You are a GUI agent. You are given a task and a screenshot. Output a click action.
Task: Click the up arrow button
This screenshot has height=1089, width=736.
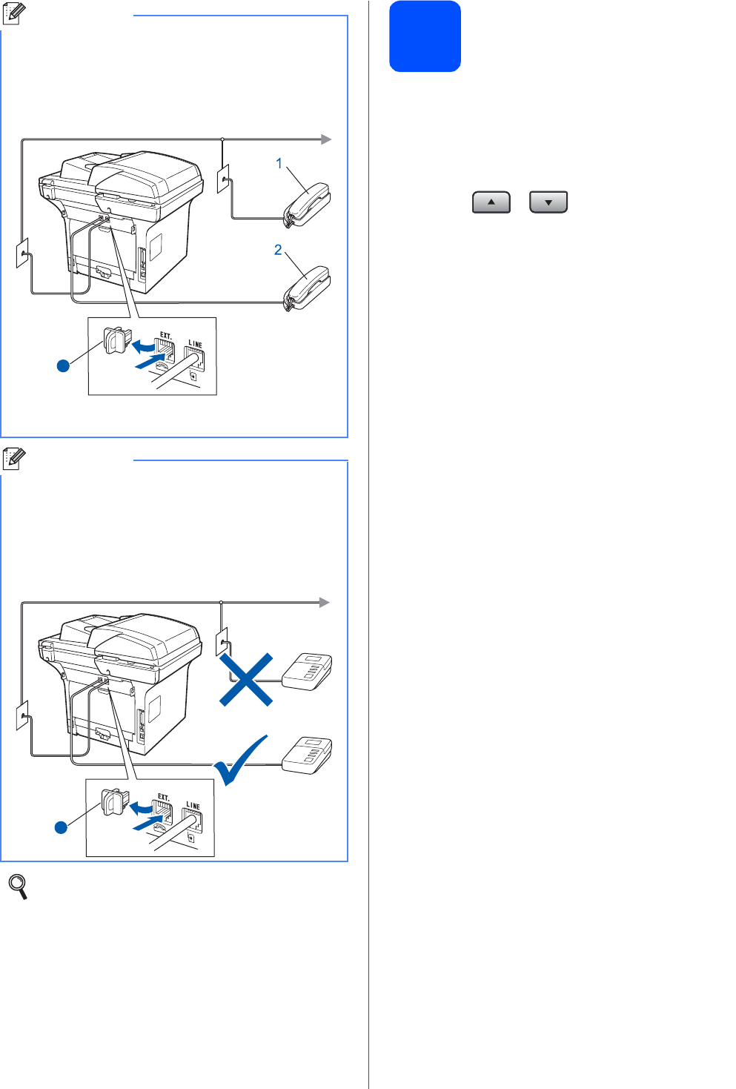tap(491, 202)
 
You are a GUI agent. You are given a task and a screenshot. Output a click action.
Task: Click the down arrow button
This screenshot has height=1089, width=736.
tap(548, 202)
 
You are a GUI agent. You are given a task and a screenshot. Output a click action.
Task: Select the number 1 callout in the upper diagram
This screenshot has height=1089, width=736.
tap(279, 163)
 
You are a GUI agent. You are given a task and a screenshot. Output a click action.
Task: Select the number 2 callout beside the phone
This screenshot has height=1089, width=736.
tap(278, 250)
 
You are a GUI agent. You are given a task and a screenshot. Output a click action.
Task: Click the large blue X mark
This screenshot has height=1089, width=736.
tap(246, 679)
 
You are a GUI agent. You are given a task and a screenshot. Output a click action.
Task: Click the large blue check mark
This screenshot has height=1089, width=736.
tap(241, 761)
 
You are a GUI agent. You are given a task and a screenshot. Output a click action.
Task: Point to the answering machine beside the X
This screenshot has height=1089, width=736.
tap(308, 672)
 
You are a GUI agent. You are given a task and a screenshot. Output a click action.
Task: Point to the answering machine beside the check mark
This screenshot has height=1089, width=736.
tap(308, 755)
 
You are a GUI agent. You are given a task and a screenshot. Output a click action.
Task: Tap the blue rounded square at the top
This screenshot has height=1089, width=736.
tap(425, 36)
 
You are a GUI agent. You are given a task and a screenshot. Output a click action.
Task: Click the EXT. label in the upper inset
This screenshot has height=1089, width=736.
tap(166, 335)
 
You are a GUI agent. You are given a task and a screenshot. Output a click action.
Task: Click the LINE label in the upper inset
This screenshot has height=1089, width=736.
tap(195, 344)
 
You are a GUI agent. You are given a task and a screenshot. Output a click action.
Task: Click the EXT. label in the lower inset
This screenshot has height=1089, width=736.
tap(164, 797)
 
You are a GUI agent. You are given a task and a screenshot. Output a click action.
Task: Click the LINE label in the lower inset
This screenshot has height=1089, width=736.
tap(193, 806)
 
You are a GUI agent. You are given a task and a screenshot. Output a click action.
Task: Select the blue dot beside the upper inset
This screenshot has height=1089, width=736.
tap(64, 365)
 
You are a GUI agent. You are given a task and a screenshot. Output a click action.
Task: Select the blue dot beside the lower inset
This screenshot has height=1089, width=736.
tap(62, 827)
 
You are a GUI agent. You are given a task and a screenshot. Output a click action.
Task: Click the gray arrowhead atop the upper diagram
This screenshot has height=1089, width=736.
tap(325, 139)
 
